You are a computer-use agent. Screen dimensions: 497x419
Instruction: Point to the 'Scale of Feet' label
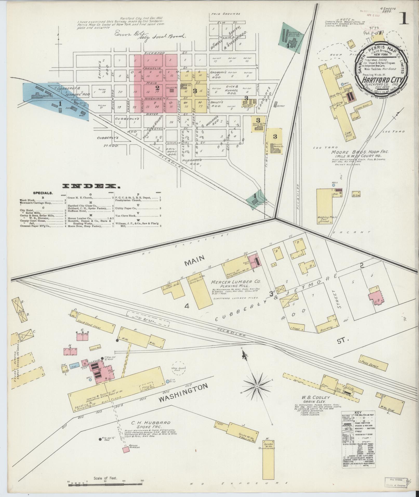point(106,478)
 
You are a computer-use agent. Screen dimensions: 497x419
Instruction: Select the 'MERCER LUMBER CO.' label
point(236,282)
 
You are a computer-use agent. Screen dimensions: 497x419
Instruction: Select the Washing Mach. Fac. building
point(324,205)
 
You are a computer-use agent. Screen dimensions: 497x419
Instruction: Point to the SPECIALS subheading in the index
point(43,193)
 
